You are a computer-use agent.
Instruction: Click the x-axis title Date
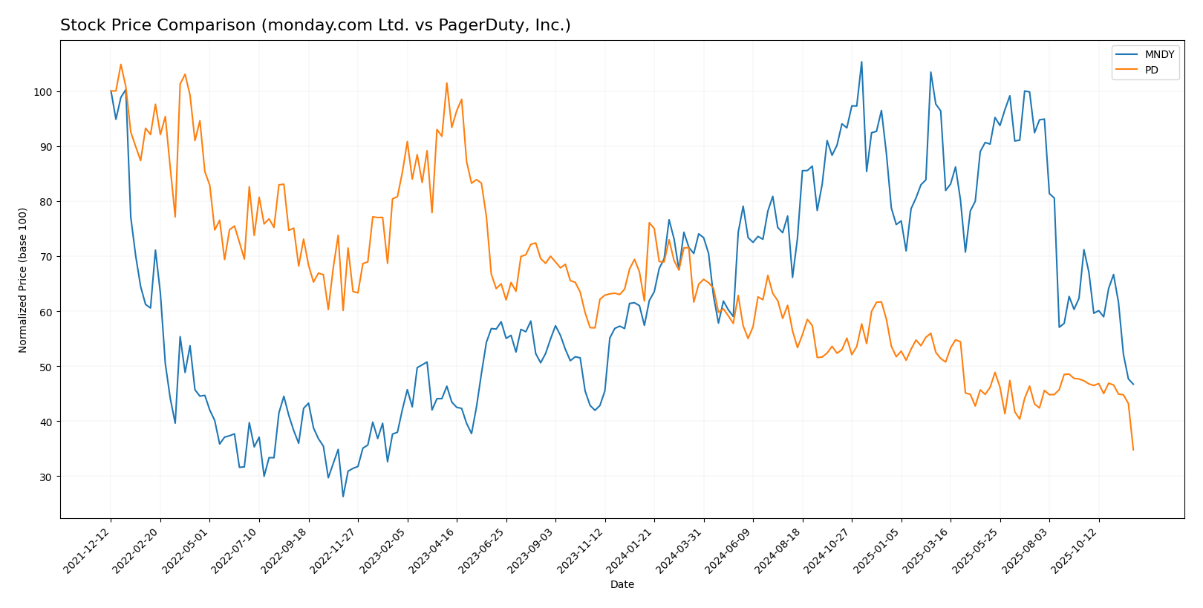[x=622, y=585]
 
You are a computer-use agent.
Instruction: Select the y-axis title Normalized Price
[x=23, y=280]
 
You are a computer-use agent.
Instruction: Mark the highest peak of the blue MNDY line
[x=861, y=62]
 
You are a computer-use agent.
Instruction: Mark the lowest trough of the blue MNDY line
[x=343, y=497]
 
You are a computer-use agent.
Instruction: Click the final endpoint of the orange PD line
[x=1133, y=450]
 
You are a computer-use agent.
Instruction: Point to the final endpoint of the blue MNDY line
[x=1133, y=385]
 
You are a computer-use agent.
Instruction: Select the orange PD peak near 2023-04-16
[x=446, y=83]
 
